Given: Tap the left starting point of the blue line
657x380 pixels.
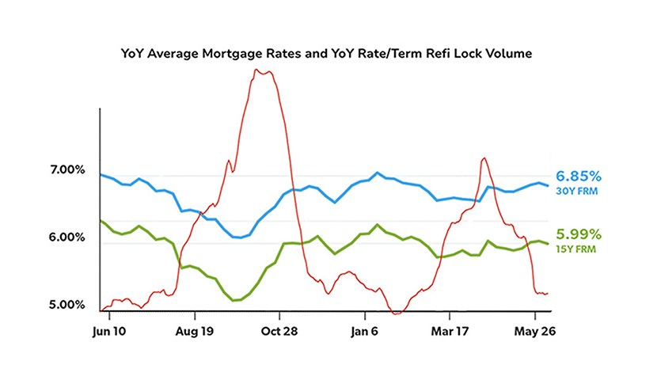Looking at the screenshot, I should (x=101, y=174).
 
